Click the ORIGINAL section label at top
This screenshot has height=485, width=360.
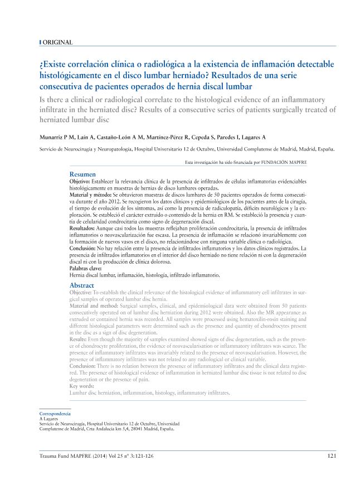(x=57, y=42)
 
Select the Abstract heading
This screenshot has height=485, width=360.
(x=82, y=285)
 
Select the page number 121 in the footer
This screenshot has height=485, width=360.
(x=330, y=456)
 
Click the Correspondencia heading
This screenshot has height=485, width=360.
(x=55, y=414)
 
